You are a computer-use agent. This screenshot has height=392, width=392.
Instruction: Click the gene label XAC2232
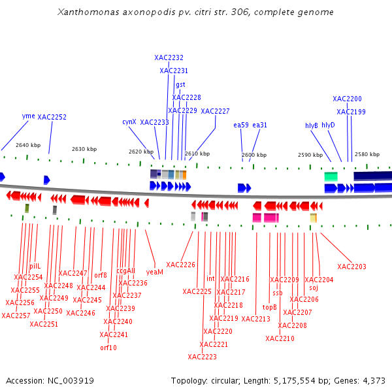pyautogui.click(x=169, y=57)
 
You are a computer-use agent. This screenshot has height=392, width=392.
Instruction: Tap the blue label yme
pyautogui.click(x=28, y=116)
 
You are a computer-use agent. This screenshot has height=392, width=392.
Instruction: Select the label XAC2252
pyautogui.click(x=52, y=117)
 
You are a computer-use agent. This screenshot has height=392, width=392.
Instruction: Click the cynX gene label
pyautogui.click(x=129, y=122)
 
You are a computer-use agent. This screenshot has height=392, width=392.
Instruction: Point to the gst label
pyautogui.click(x=180, y=84)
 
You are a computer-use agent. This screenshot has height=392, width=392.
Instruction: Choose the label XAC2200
pyautogui.click(x=347, y=99)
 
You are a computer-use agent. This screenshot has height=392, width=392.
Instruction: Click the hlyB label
pyautogui.click(x=312, y=125)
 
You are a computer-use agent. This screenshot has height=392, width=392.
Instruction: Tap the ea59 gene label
pyautogui.click(x=241, y=125)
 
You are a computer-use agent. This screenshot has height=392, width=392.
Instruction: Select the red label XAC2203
pyautogui.click(x=351, y=267)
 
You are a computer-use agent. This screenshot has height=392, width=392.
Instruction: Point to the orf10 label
pyautogui.click(x=108, y=348)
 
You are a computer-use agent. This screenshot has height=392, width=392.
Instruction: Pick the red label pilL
pyautogui.click(x=35, y=266)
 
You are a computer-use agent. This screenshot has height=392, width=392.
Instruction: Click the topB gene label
pyautogui.click(x=270, y=306)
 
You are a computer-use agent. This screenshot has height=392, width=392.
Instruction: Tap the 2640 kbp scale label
pyautogui.click(x=28, y=145)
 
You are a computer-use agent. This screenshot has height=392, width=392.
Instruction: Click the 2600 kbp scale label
pyautogui.click(x=254, y=155)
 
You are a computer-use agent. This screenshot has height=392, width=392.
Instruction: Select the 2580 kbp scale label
pyautogui.click(x=367, y=154)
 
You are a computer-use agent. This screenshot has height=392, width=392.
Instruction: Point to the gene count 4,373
pyautogui.click(x=374, y=380)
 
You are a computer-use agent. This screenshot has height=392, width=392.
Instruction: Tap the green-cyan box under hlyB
pyautogui.click(x=331, y=176)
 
